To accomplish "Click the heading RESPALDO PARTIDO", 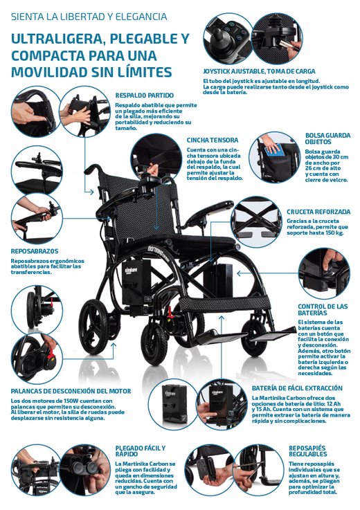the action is point(145,95).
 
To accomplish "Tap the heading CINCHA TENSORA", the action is point(213,140).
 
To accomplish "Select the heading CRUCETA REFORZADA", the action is point(318,212).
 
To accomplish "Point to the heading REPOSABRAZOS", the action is point(35,251).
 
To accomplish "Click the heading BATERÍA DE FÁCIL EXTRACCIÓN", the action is point(297,388).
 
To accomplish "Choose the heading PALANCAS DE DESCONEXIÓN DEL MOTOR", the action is point(71,391).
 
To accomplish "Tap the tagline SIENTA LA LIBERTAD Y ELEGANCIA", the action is point(89,17).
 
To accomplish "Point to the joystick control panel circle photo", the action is point(228,38).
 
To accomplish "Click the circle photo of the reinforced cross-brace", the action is point(256,222).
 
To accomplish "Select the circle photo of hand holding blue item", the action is point(275,157).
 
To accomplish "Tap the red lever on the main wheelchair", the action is point(169,314).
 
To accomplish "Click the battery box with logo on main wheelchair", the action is point(136,281).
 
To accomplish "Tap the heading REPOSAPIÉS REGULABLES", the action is point(307,451).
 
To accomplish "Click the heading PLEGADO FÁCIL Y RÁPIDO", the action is point(141,451).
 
